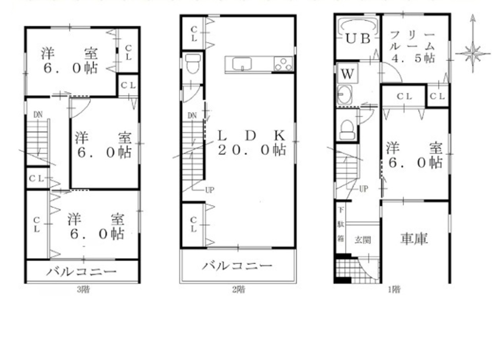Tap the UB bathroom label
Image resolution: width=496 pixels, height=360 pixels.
click(358, 39)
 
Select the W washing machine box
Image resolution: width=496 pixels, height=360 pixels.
click(347, 74)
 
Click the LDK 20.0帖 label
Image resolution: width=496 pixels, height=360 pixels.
click(252, 143)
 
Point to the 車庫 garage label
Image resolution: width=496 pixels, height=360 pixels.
click(414, 239)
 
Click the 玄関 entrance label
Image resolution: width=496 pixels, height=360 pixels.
click(363, 240)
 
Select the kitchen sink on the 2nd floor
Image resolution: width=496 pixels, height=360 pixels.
click(243, 64)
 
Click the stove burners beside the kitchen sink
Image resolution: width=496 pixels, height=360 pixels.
click(283, 64)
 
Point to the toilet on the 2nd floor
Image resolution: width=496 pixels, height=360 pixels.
click(192, 63)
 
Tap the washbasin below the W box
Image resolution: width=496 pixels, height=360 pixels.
click(345, 95)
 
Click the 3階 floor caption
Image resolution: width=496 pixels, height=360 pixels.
click(83, 290)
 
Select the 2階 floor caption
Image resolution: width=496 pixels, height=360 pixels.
click(239, 290)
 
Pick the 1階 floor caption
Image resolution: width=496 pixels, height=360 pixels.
click(394, 290)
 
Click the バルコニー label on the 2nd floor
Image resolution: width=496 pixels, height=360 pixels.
click(237, 265)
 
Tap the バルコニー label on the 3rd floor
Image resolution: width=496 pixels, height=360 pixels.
click(82, 271)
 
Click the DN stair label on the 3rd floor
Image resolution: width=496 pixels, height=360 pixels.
click(38, 115)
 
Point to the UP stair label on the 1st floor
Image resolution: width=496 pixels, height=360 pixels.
click(364, 189)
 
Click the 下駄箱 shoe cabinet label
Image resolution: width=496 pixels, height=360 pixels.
click(341, 224)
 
